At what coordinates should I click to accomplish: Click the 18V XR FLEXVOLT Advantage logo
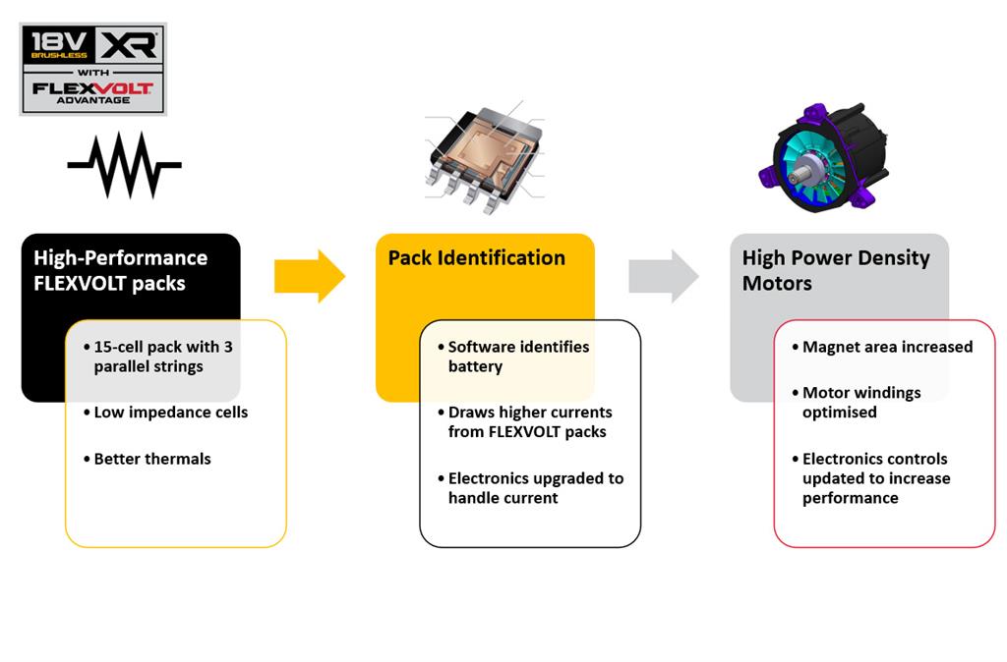[92, 69]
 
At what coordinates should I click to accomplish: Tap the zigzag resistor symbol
[124, 165]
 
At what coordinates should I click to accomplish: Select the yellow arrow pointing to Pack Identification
[309, 276]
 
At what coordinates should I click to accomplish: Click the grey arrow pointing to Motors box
[664, 276]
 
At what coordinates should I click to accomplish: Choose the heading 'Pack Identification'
[477, 258]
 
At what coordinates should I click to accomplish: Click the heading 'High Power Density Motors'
[836, 270]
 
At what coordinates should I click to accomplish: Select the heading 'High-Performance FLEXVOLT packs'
[121, 270]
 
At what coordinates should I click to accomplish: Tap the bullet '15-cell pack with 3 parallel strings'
[162, 357]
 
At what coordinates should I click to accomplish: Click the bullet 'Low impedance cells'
[170, 412]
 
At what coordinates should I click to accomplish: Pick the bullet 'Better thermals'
[152, 459]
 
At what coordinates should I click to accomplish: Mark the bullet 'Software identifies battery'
[518, 357]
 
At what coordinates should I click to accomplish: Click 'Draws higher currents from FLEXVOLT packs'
[529, 421]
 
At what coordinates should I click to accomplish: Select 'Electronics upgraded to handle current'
[535, 487]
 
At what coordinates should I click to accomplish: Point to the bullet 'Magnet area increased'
[887, 347]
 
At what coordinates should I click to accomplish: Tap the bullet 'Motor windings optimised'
[861, 402]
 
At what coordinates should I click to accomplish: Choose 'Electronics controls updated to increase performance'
[875, 477]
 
